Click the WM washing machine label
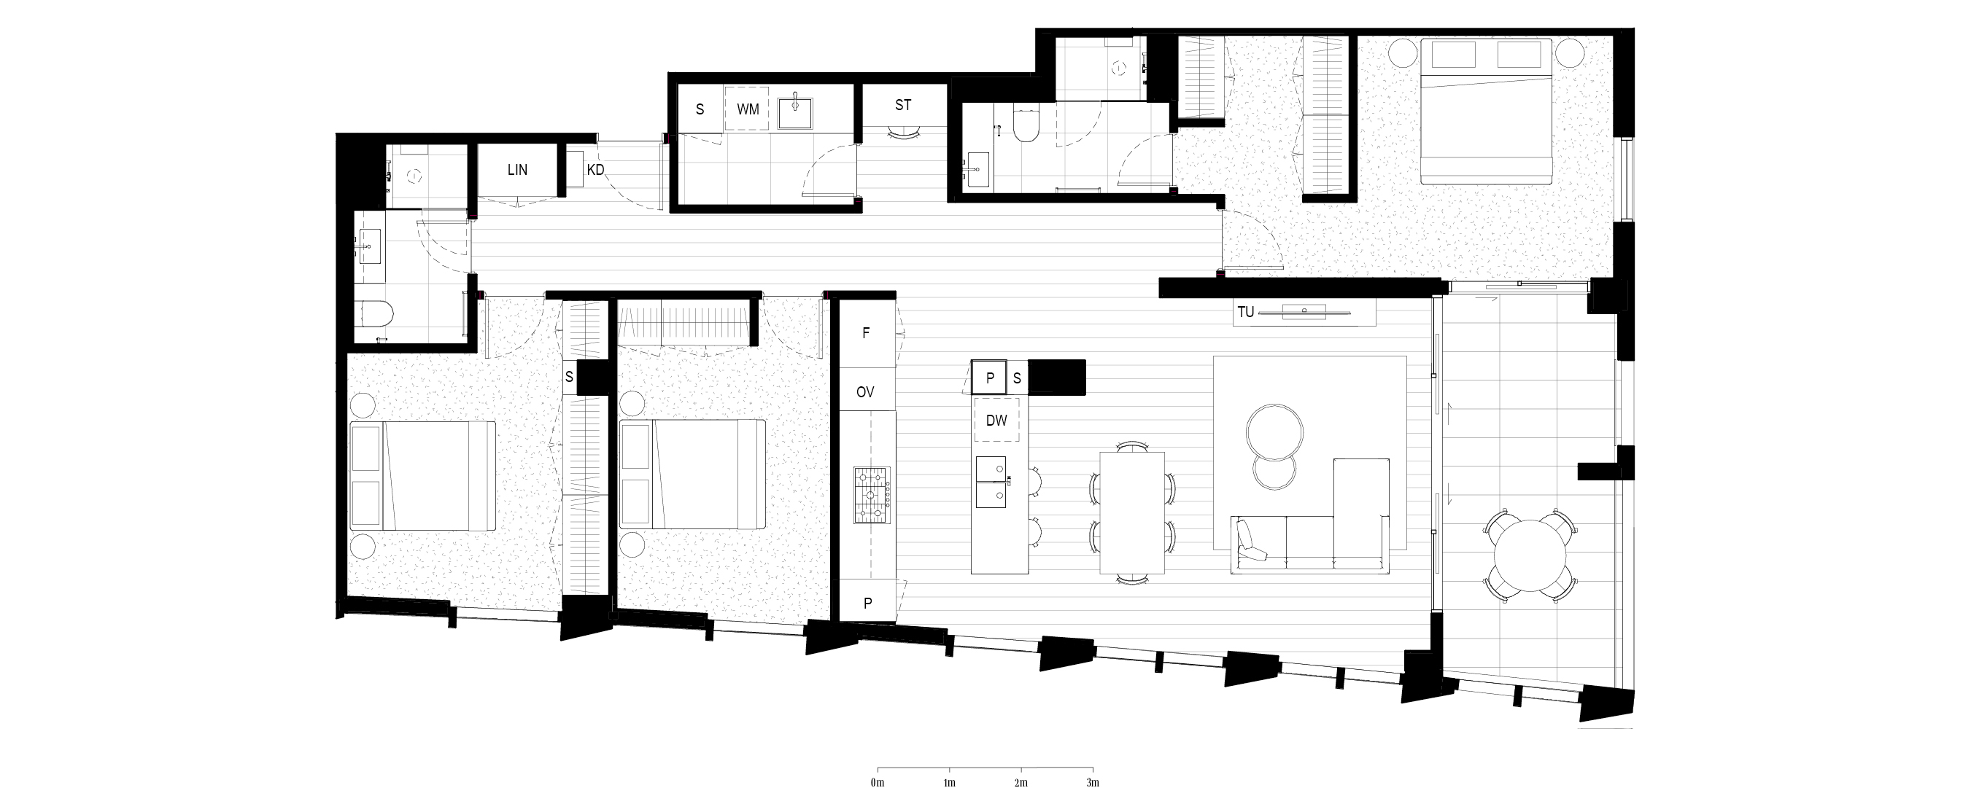[748, 109]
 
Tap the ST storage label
[903, 105]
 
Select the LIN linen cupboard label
[517, 170]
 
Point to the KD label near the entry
[595, 170]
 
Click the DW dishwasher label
[996, 421]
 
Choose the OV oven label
[865, 392]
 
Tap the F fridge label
[866, 333]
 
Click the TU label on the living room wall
[1246, 312]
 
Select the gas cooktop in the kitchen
[873, 496]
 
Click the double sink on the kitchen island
[996, 483]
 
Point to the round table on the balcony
[1529, 556]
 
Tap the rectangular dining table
[1132, 512]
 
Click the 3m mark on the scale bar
[1093, 783]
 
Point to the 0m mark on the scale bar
[878, 783]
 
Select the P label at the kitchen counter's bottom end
[867, 604]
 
